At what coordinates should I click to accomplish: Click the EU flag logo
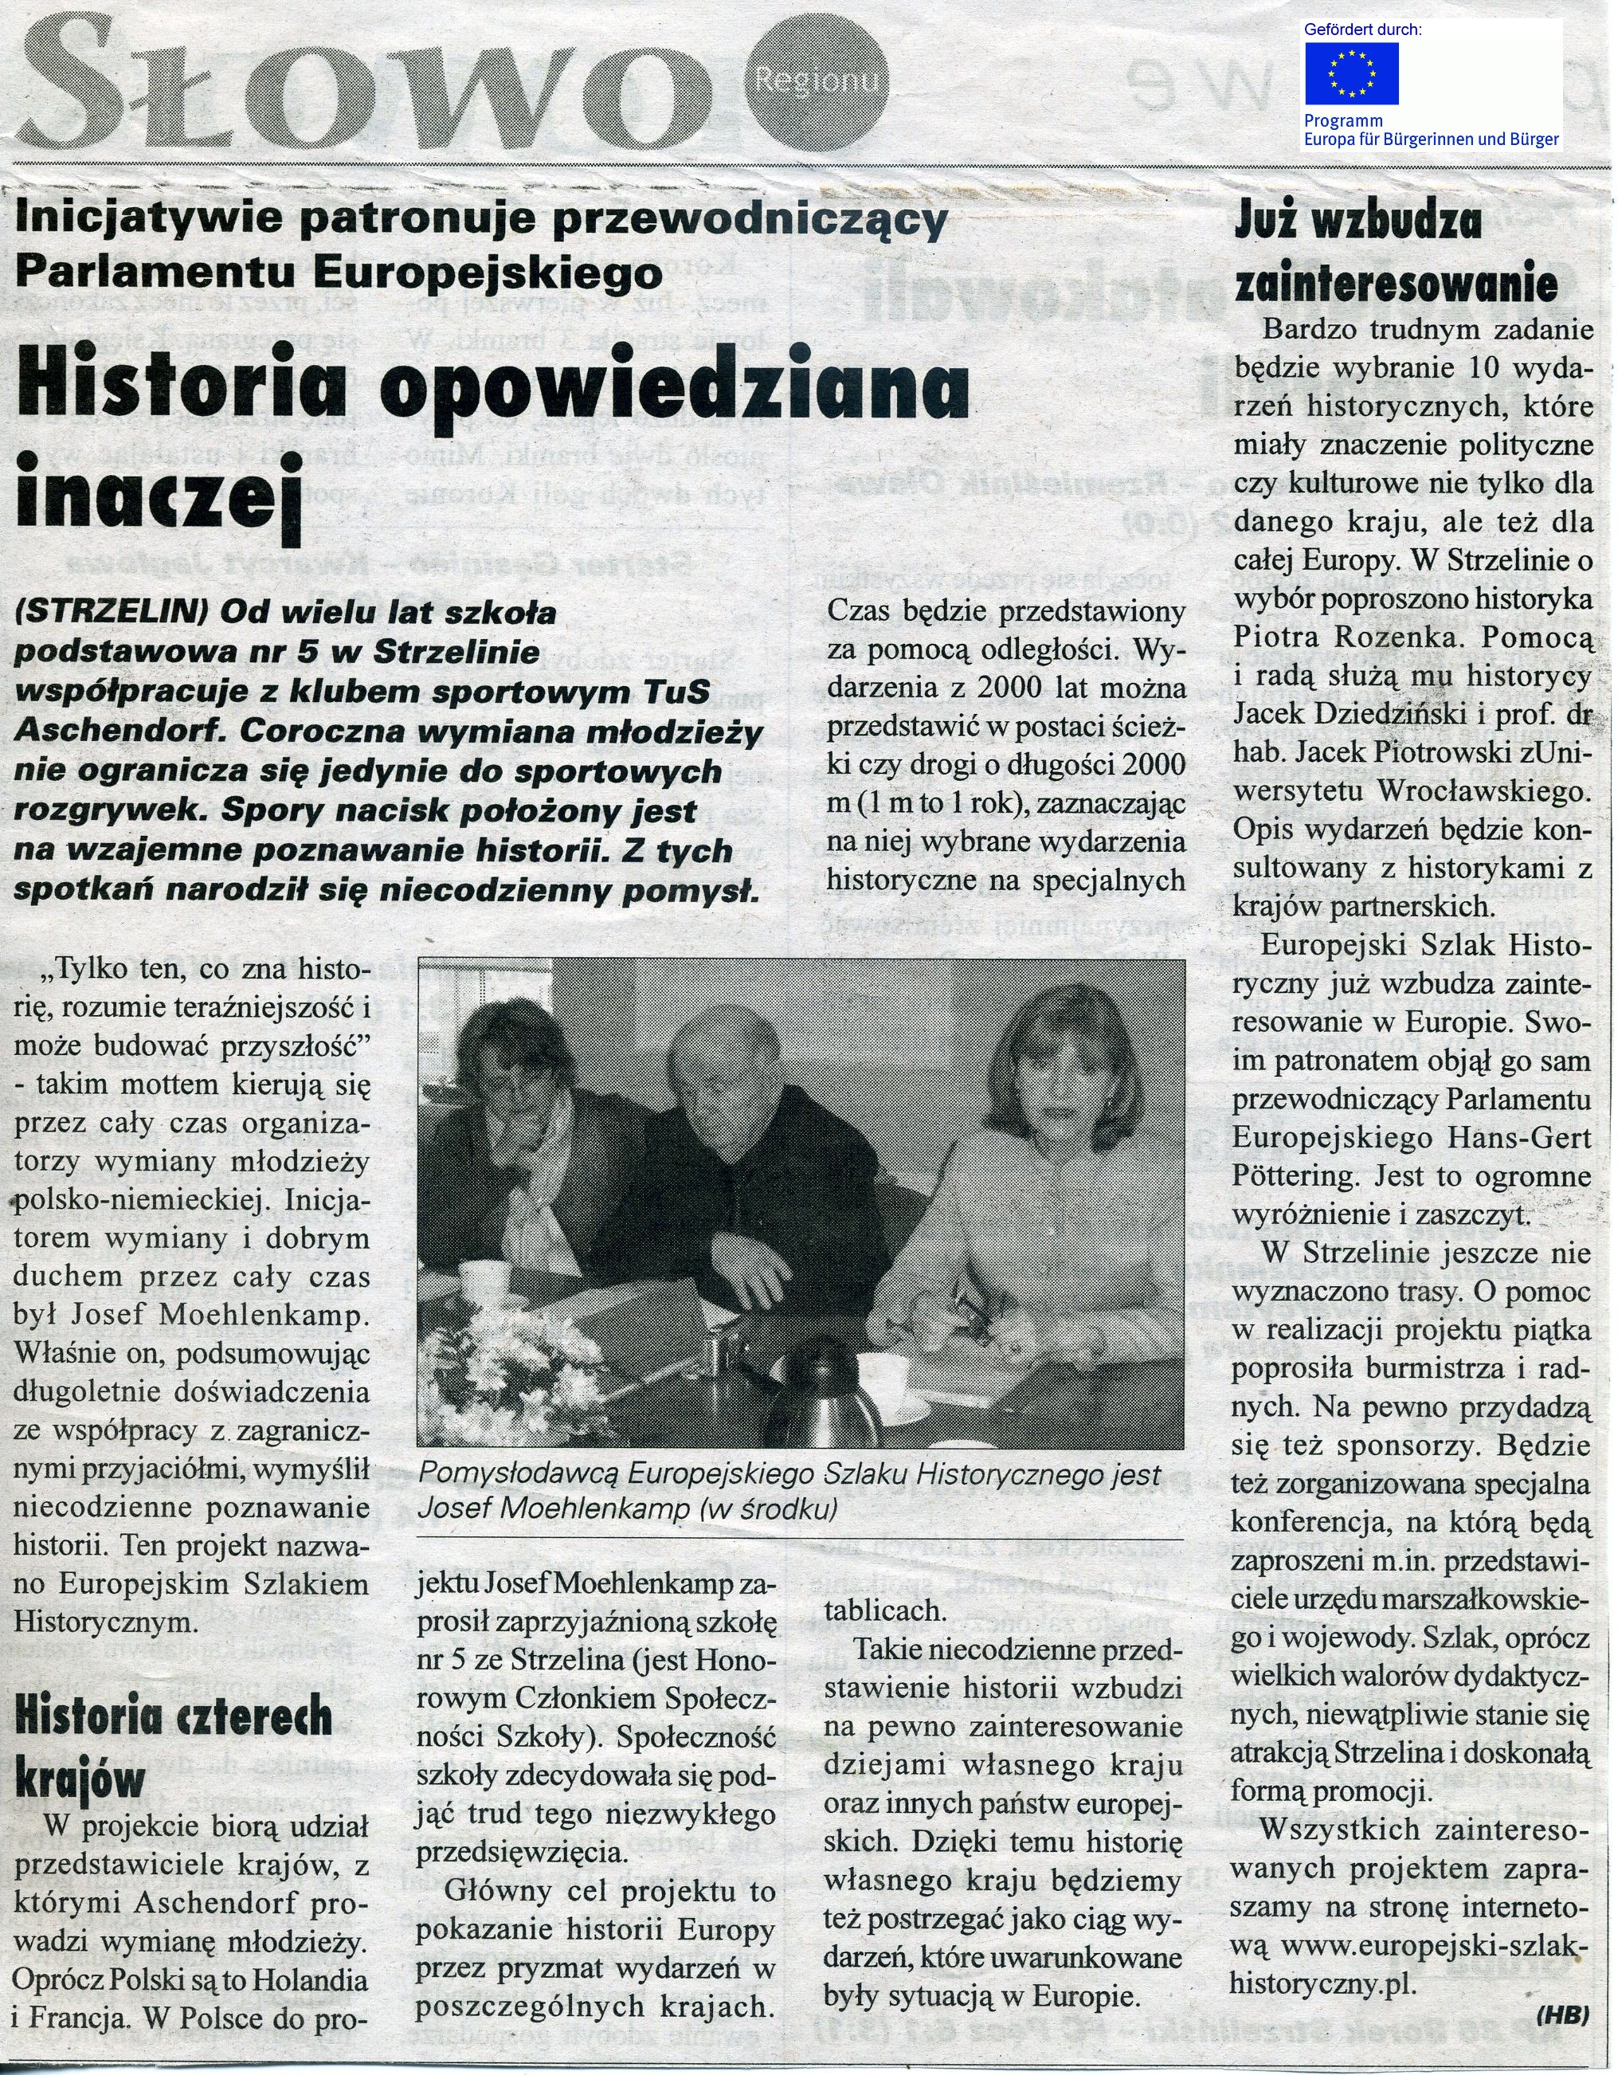tap(1351, 73)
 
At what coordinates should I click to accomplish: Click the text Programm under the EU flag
tap(1342, 122)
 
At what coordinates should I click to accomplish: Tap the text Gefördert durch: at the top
tap(1362, 29)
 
